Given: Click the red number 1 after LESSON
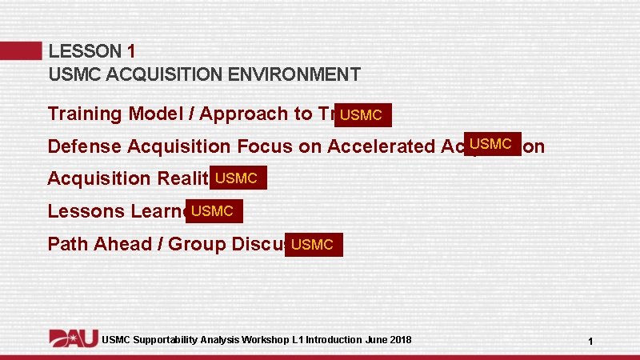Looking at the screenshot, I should (131, 51).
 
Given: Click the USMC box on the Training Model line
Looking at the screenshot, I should (363, 115).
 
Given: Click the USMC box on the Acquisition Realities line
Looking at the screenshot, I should (238, 178).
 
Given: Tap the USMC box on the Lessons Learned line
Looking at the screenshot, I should (214, 211).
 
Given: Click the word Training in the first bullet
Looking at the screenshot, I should (80, 114).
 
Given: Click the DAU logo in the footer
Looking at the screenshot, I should (74, 338).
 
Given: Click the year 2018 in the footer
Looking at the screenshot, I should (398, 340).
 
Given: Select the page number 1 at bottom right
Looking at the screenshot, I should (590, 342).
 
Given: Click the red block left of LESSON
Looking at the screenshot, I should (21, 51).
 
